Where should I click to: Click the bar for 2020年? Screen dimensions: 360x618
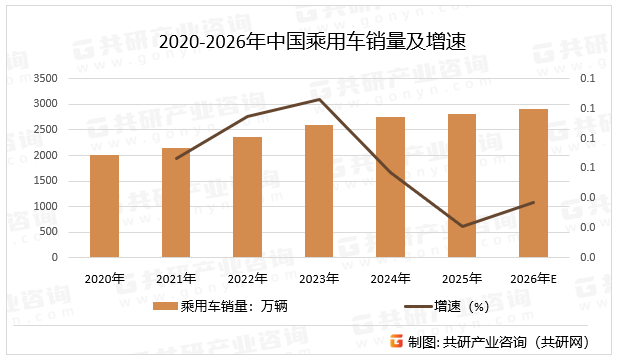pos(104,206)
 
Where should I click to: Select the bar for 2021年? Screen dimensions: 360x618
pos(176,203)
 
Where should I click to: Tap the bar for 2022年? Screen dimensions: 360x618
pos(247,197)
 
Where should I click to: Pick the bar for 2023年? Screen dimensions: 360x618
pos(319,191)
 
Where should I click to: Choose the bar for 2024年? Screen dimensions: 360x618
pos(390,187)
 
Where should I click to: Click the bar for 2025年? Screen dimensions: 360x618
pos(462,185)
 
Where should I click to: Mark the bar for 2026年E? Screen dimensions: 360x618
pos(533,183)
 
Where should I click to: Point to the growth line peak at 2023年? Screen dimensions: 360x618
pos(319,99)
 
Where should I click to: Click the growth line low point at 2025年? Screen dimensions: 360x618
pos(462,226)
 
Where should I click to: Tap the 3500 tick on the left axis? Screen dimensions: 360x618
pos(45,78)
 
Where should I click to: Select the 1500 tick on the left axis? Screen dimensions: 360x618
pos(45,181)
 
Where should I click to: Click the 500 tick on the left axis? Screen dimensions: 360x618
pos(48,232)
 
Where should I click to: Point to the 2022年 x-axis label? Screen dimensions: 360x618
pos(247,278)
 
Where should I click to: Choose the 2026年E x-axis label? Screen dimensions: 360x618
pos(533,278)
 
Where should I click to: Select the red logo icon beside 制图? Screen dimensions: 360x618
pos(395,342)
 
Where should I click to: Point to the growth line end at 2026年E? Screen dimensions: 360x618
pos(533,203)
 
